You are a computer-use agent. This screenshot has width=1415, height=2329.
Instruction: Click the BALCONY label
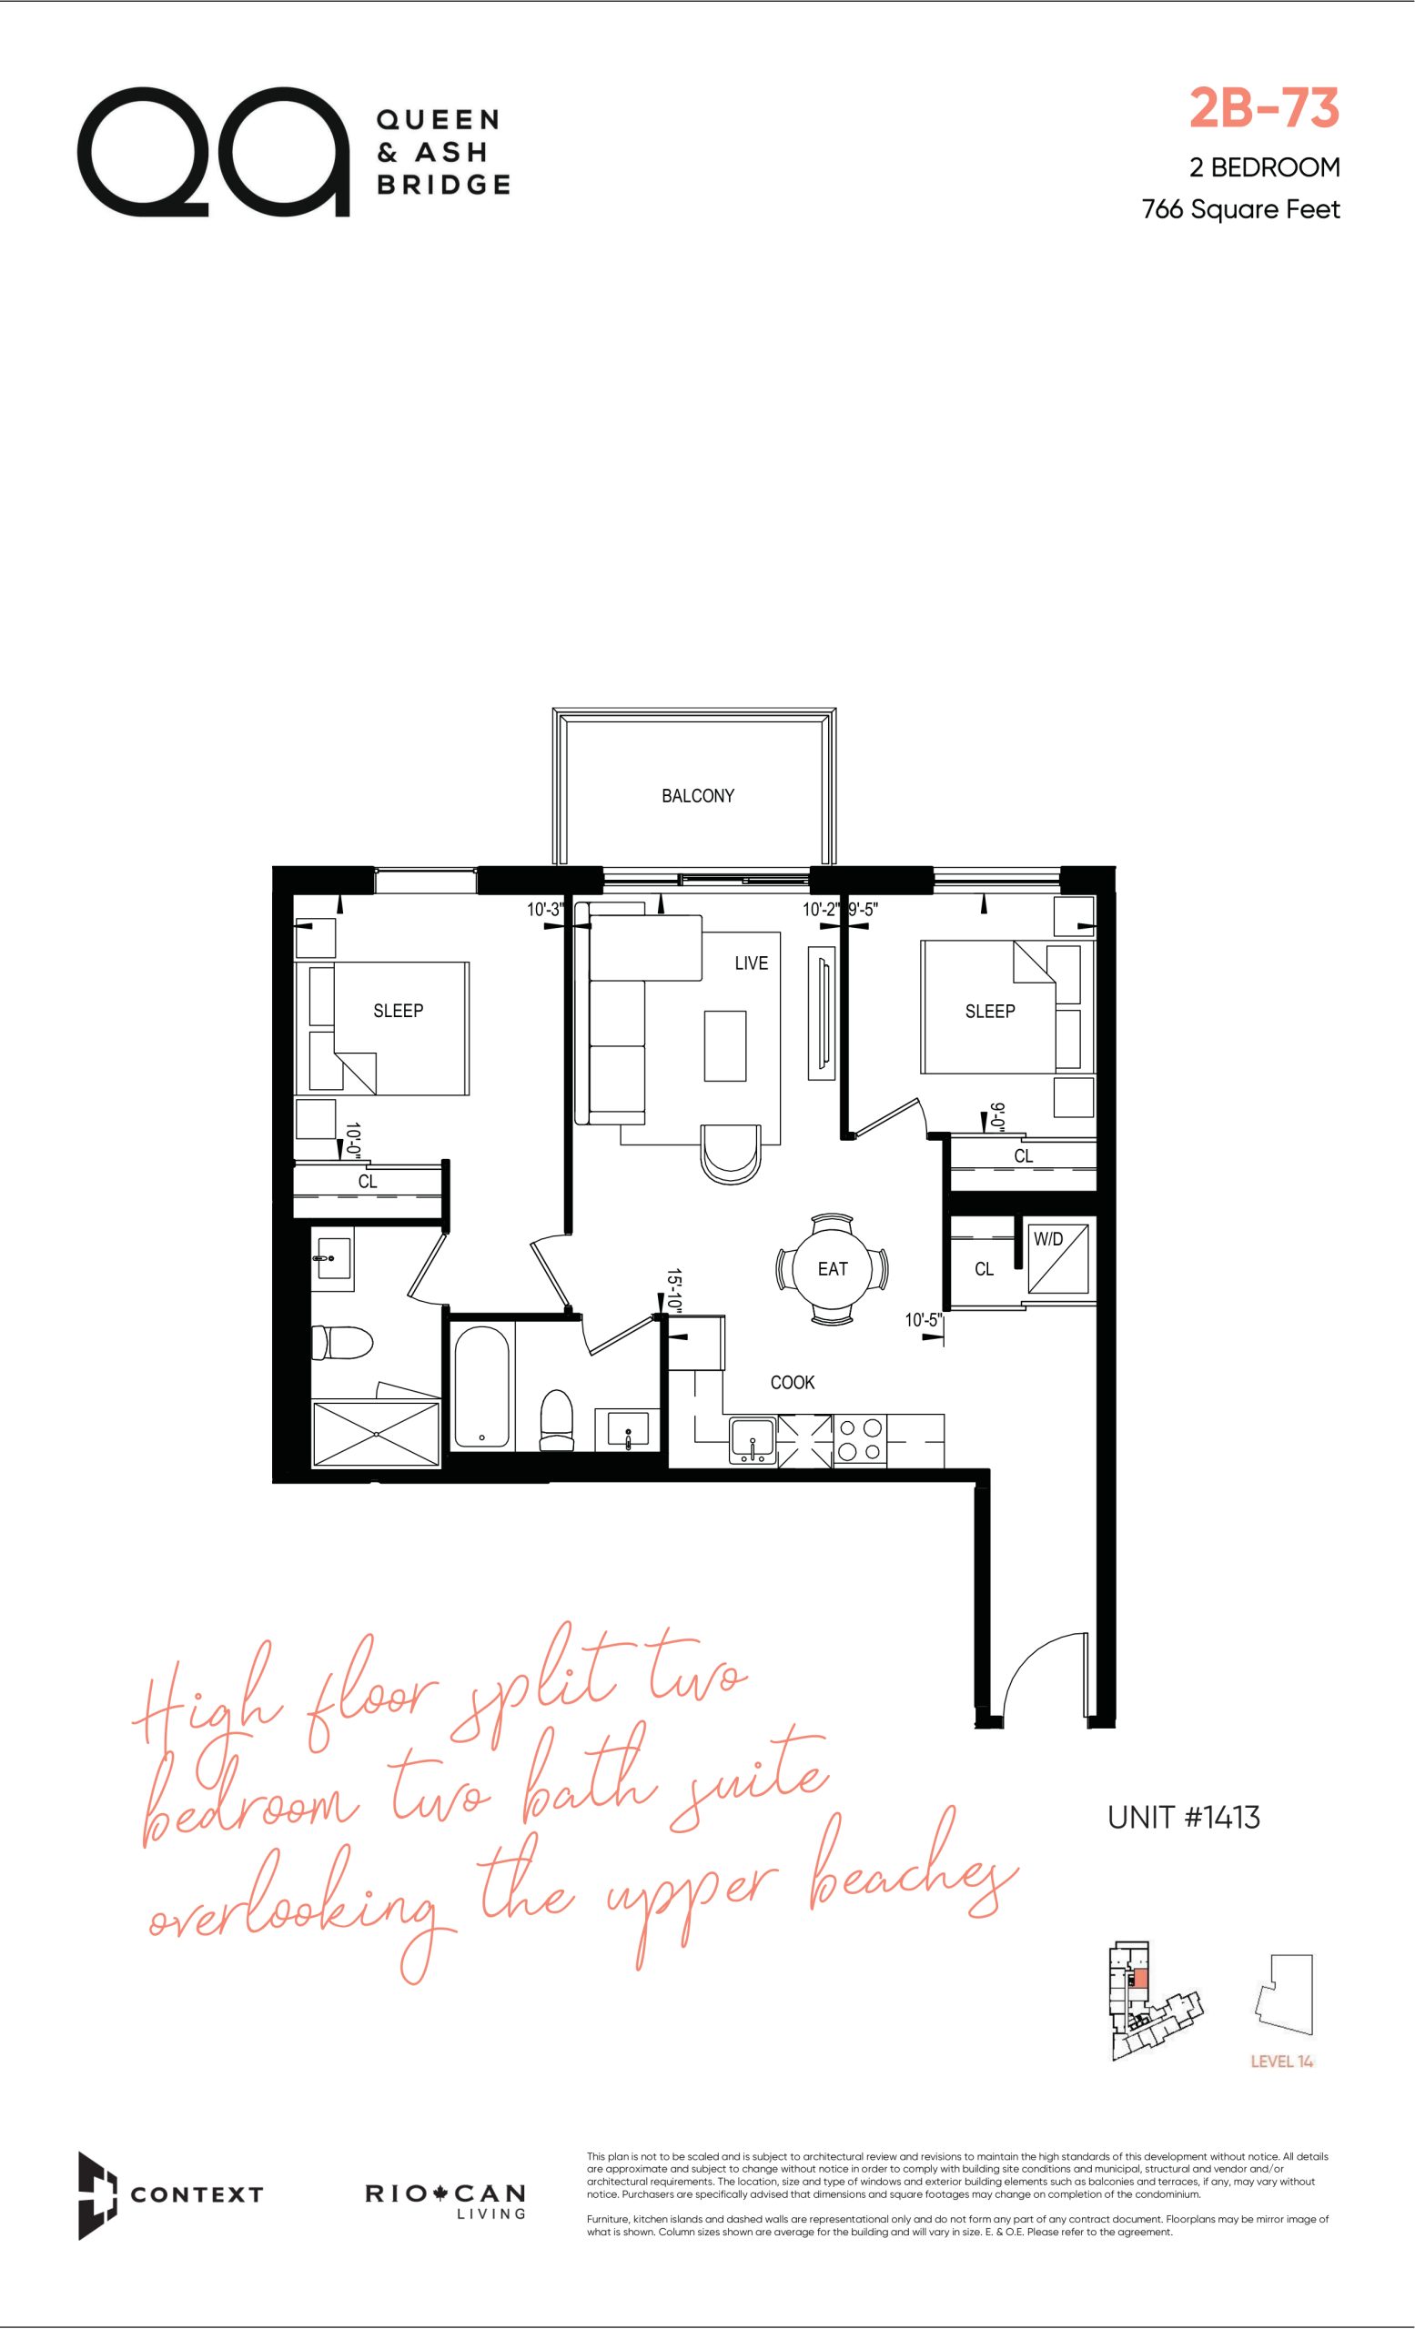[698, 796]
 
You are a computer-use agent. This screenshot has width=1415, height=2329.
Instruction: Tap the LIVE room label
[752, 963]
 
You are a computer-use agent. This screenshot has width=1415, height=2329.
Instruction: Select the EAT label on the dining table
[833, 1268]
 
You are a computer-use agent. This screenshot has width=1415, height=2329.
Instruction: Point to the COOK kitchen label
[792, 1382]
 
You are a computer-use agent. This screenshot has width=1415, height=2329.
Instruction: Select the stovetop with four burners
[859, 1440]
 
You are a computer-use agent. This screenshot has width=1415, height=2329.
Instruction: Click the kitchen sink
[753, 1441]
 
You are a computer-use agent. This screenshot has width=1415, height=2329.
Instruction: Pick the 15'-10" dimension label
[674, 1290]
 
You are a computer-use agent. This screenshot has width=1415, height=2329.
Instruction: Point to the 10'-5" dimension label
[922, 1319]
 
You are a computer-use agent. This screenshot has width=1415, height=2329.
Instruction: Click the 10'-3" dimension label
[544, 911]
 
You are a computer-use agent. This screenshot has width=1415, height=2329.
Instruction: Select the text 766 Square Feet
[1240, 209]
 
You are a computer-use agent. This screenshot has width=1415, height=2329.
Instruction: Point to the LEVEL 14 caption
[1282, 2062]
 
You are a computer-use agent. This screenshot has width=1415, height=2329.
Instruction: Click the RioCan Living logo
[445, 2200]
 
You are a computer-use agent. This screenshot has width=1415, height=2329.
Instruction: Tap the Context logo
[170, 2194]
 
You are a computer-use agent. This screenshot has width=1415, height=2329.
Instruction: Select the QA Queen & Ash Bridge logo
[293, 151]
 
